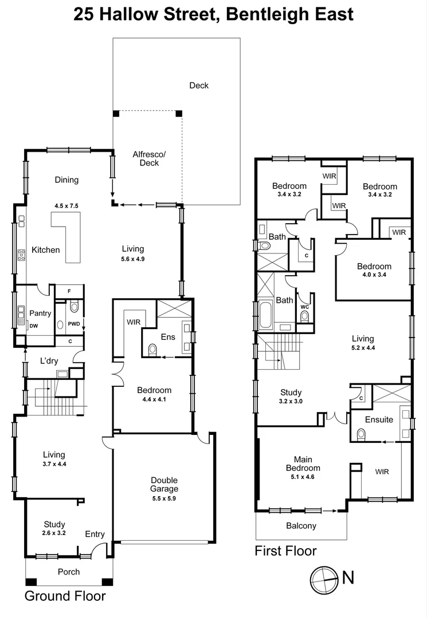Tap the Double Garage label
point(164,485)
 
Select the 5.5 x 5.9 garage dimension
point(164,498)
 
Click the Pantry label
point(41,313)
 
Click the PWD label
point(73,324)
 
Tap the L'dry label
point(50,361)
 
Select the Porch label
point(69,572)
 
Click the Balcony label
point(301,526)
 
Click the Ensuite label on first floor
point(379,419)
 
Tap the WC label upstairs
point(304,307)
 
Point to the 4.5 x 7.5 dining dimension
point(66,204)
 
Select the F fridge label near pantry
point(69,291)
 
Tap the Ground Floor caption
point(65,596)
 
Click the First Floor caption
point(285,551)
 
